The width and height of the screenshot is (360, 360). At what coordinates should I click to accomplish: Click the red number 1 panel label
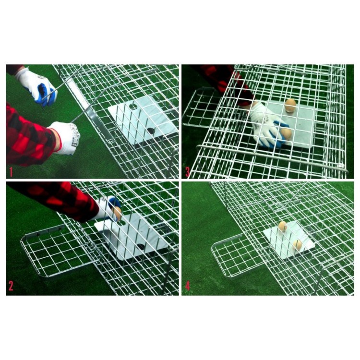[11, 172]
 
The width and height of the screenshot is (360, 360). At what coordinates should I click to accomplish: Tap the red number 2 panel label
[11, 286]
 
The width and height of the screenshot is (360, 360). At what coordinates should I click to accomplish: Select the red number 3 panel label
[187, 172]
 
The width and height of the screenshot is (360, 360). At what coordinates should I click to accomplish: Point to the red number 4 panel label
[188, 286]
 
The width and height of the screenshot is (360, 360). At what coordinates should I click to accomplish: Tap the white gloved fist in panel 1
[65, 137]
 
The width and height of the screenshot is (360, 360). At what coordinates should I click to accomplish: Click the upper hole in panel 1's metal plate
[133, 106]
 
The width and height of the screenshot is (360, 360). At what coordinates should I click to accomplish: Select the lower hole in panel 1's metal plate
[151, 131]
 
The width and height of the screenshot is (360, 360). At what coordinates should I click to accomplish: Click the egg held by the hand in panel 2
[117, 213]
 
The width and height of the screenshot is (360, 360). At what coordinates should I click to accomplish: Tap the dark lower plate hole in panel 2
[141, 247]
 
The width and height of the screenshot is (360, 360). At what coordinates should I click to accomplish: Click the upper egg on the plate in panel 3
[290, 106]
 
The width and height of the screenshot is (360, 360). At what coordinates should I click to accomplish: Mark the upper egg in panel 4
[283, 227]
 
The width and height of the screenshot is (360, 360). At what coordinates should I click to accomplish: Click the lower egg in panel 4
[297, 245]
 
